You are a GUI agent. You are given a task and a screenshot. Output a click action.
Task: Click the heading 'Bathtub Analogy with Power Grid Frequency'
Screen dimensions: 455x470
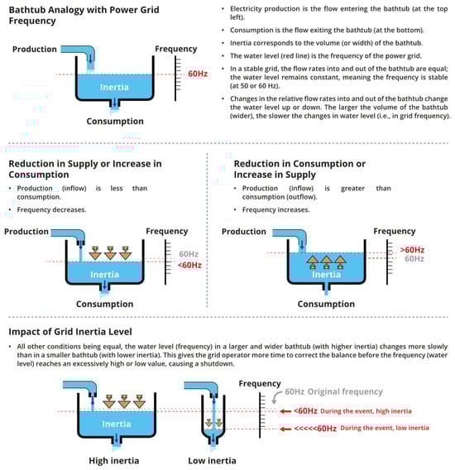tap(84, 15)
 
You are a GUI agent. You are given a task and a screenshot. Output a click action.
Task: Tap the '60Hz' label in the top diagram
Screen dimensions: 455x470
tap(198, 74)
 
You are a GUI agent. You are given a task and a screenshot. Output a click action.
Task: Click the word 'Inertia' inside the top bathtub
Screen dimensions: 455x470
tap(114, 87)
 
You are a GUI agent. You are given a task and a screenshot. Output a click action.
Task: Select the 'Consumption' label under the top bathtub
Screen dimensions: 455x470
tap(115, 121)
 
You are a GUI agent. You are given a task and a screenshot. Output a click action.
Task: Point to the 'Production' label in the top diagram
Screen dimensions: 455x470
tap(35, 49)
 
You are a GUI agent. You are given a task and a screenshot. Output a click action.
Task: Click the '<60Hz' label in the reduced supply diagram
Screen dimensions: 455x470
tap(189, 266)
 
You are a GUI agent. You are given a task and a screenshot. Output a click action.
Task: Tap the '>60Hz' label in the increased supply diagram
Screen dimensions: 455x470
tap(412, 250)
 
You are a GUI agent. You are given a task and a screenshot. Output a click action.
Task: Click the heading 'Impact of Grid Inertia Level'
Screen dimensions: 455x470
tap(70, 332)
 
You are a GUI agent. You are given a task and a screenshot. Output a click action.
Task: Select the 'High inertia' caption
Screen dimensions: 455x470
tap(114, 460)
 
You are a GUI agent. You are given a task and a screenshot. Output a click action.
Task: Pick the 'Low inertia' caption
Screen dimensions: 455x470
tap(213, 460)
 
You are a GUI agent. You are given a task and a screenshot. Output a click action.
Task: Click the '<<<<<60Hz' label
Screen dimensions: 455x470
tap(315, 429)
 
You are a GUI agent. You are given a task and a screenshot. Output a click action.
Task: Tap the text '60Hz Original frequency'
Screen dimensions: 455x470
tap(334, 391)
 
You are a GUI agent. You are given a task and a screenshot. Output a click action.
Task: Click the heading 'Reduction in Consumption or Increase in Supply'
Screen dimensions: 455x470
tap(299, 169)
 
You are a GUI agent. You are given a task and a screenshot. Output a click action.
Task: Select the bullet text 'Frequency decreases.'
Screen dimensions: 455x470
tap(51, 210)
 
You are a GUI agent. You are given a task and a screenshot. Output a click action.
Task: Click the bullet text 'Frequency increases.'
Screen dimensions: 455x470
tap(275, 210)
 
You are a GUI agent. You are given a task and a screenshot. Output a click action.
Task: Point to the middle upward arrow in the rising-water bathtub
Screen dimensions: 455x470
tap(327, 261)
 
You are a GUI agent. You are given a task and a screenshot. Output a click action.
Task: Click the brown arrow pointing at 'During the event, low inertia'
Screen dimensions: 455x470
tap(285, 429)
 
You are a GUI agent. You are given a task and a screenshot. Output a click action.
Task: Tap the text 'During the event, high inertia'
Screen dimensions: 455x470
tap(366, 411)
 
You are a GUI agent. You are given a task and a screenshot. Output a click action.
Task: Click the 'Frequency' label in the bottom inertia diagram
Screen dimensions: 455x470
tap(260, 384)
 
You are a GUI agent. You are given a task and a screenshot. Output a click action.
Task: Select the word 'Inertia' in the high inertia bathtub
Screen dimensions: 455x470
tap(117, 424)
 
